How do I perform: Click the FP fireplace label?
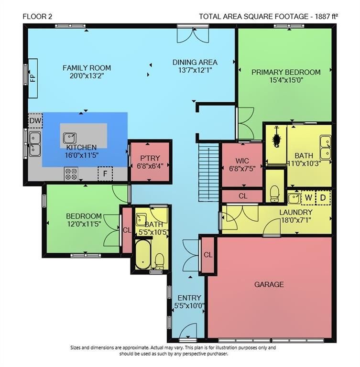coord(33,78)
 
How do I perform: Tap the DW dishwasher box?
coord(35,121)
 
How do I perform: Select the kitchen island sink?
coord(70,138)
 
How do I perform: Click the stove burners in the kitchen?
coord(71,174)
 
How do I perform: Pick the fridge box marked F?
coord(105,173)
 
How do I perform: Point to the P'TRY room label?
coord(150,158)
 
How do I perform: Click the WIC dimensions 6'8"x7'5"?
coord(242,168)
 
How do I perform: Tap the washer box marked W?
coord(308,198)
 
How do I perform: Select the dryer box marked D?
coord(323,198)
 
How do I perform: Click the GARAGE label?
coord(269,285)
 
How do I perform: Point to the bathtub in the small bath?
coord(142,254)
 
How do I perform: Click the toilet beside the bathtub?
coord(160,261)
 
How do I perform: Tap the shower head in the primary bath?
coord(277,139)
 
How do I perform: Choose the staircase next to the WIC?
coord(209,172)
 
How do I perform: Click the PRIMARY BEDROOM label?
coord(286,72)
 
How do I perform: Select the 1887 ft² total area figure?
coord(327,16)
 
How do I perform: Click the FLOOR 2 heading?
coord(37,16)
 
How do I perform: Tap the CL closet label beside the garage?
coord(208,255)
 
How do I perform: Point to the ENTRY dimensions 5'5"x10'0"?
coord(189,306)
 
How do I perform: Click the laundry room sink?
coord(294,198)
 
